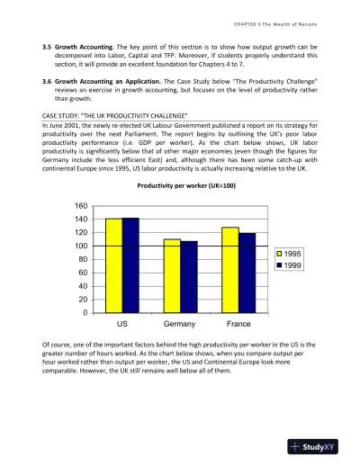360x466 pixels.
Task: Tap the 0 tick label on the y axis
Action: tap(83, 312)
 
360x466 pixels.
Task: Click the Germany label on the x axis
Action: tap(180, 323)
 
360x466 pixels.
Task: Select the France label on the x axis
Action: tap(238, 323)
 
